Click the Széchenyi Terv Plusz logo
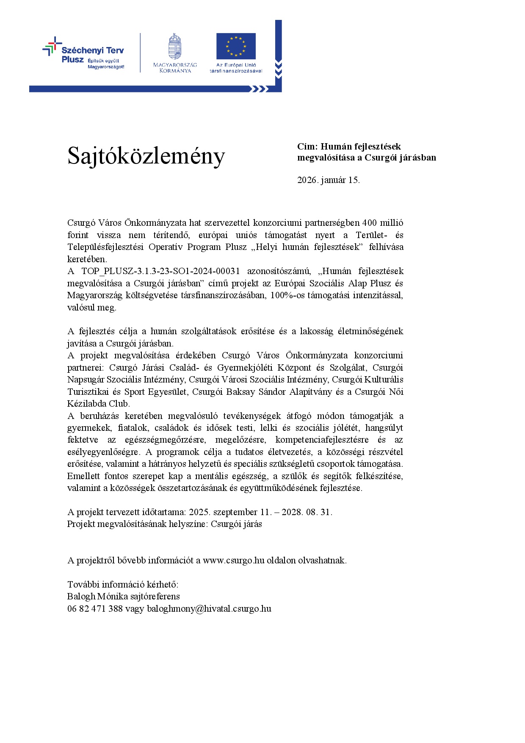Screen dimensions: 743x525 click(x=83, y=53)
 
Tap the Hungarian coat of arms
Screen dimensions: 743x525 click(x=175, y=47)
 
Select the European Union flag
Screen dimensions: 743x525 click(x=236, y=46)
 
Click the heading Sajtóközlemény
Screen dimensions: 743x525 click(x=146, y=156)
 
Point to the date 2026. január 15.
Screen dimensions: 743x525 click(x=329, y=180)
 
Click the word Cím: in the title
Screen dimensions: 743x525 click(x=307, y=147)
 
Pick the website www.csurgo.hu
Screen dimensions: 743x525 click(x=233, y=560)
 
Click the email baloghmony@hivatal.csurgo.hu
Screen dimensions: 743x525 click(x=209, y=609)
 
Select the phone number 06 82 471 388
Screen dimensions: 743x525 click(x=95, y=609)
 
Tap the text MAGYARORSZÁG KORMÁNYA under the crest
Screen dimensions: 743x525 click(x=175, y=68)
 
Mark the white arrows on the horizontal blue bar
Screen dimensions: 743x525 click(x=260, y=89)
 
